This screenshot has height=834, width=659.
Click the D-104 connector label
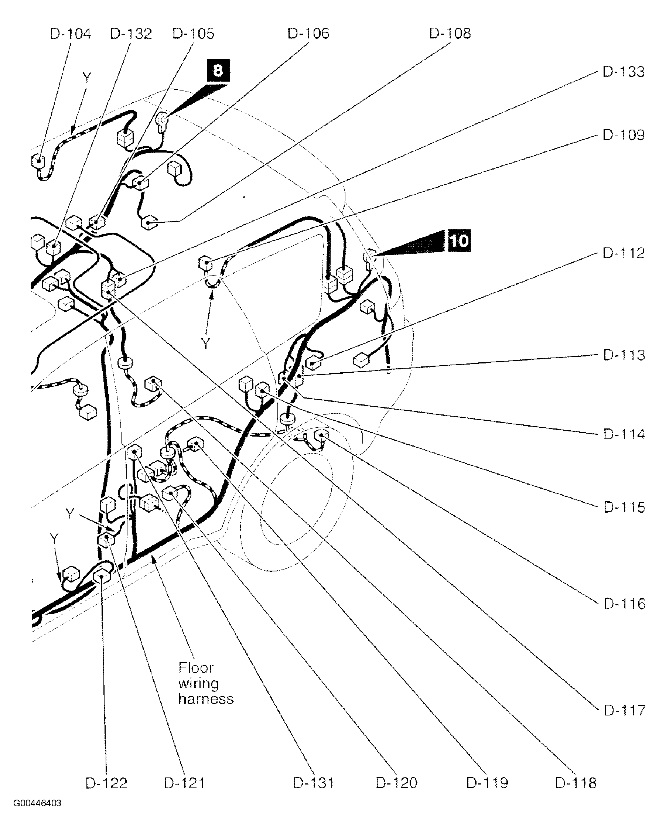(x=70, y=34)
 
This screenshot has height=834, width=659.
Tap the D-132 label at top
(x=131, y=34)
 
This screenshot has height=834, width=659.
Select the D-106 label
(x=308, y=34)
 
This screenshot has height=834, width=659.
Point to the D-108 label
(x=450, y=34)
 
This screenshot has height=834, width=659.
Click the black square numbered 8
(x=218, y=70)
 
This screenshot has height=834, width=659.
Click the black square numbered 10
(x=459, y=241)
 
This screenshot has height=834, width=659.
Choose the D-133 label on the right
(x=624, y=72)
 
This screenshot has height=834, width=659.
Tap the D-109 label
(x=624, y=135)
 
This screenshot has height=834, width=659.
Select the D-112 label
(x=624, y=253)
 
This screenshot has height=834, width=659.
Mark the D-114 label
(x=624, y=434)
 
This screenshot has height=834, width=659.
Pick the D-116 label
(x=624, y=603)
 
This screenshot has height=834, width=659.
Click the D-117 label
(x=624, y=710)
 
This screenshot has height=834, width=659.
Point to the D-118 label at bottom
(x=576, y=783)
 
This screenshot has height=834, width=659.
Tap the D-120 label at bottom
(x=396, y=783)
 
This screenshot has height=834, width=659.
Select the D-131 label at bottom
(x=313, y=783)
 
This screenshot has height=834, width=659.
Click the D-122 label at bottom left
(x=106, y=783)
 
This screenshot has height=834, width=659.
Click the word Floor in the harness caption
(x=196, y=668)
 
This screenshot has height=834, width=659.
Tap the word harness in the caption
(x=206, y=699)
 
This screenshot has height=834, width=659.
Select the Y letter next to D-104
(x=87, y=78)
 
